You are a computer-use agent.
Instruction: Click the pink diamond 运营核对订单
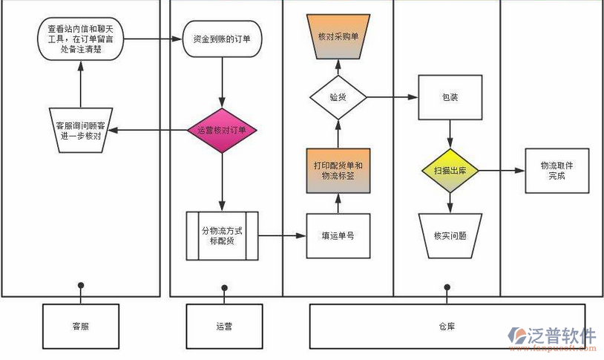tap(223, 131)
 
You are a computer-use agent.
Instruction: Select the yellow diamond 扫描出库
tap(450, 171)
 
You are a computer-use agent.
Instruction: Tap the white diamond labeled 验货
tap(338, 96)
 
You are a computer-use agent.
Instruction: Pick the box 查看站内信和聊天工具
tap(80, 38)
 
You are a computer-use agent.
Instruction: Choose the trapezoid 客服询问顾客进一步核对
tap(80, 131)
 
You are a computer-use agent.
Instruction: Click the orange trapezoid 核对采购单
tap(338, 36)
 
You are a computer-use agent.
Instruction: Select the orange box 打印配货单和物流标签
tap(338, 170)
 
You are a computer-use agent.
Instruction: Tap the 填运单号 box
tap(338, 235)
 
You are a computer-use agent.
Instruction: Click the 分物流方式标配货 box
tap(223, 235)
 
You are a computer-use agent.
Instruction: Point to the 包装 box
tap(450, 97)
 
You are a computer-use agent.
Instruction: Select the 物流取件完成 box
tap(557, 171)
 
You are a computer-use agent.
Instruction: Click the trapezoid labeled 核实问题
tap(450, 235)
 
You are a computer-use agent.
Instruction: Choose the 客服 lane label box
tap(80, 325)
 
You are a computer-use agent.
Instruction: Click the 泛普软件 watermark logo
tap(553, 338)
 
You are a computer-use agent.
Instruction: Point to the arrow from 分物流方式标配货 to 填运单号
tap(283, 235)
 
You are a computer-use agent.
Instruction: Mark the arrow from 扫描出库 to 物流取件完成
tap(501, 171)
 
